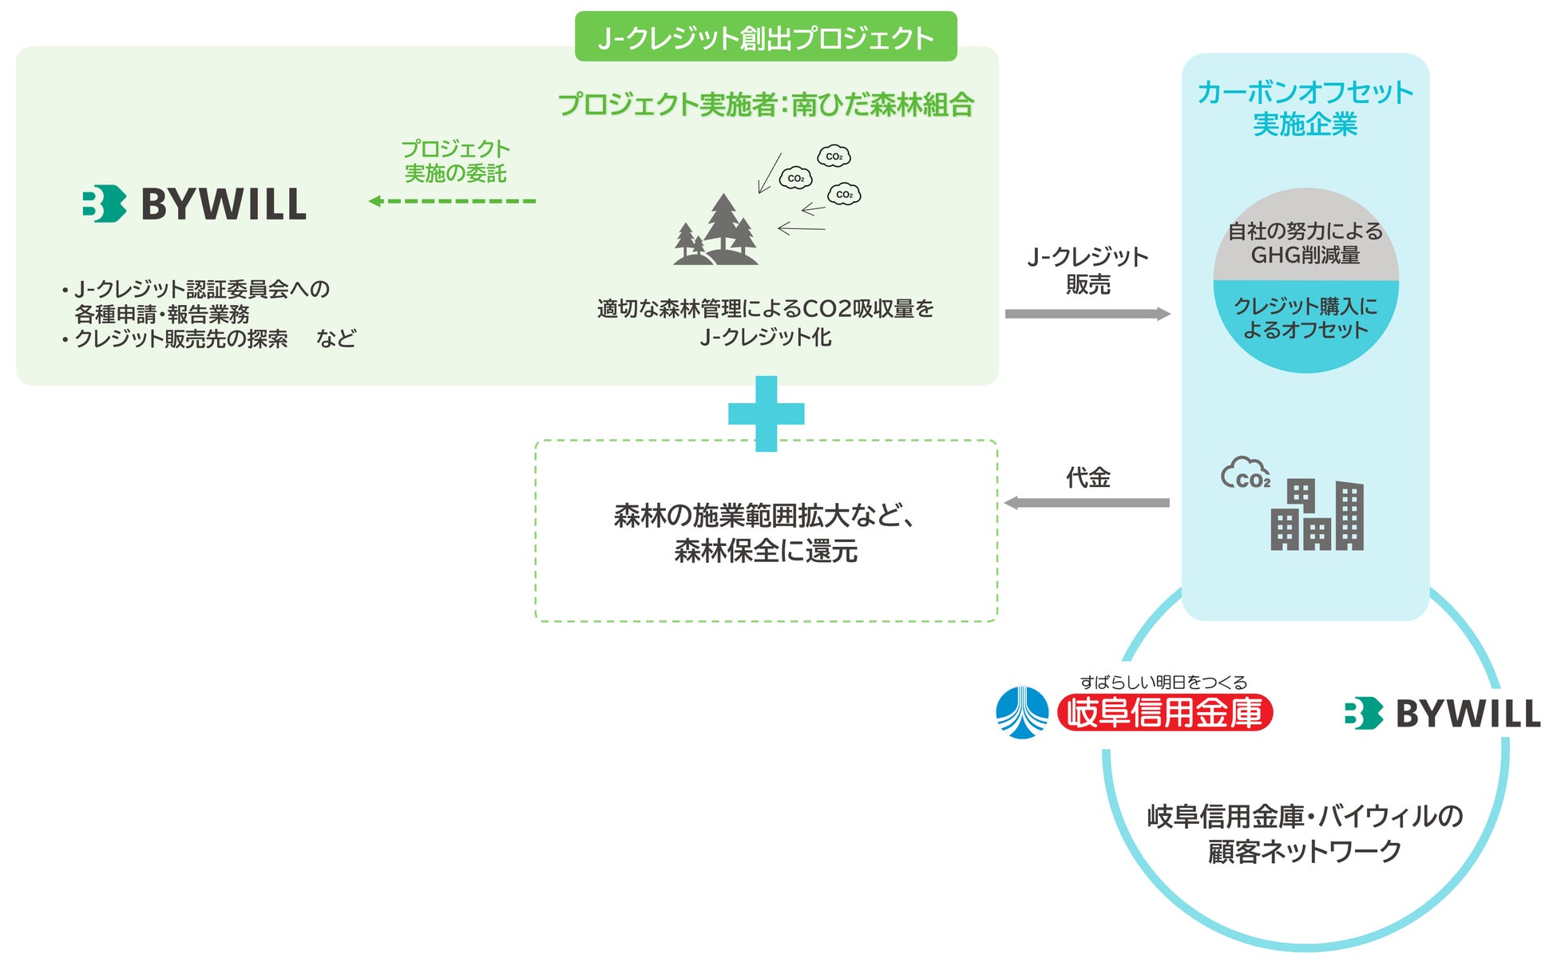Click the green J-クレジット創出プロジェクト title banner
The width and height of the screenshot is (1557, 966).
pos(765,37)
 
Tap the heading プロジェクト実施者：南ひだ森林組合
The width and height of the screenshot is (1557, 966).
pos(765,105)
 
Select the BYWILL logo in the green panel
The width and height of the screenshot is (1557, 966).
pos(194,204)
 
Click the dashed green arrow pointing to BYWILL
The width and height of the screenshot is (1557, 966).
pos(452,201)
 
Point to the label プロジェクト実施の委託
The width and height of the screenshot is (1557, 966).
pos(455,160)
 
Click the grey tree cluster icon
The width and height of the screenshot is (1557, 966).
pos(715,231)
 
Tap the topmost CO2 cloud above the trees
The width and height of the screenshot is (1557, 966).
pos(834,156)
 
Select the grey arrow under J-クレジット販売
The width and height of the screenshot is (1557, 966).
pos(1087,314)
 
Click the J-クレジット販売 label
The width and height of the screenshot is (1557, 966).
pos(1088,270)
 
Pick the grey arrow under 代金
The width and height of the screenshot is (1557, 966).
pos(1087,503)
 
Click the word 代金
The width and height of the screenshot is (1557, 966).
pos(1088,477)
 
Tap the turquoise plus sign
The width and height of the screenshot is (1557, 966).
pos(766,414)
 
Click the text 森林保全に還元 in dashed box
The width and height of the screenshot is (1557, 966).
pos(765,551)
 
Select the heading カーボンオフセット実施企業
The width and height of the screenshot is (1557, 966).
pos(1305,108)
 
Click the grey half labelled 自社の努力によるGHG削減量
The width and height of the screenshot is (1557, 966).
pos(1305,242)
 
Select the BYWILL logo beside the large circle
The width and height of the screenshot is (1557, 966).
pos(1442,714)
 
